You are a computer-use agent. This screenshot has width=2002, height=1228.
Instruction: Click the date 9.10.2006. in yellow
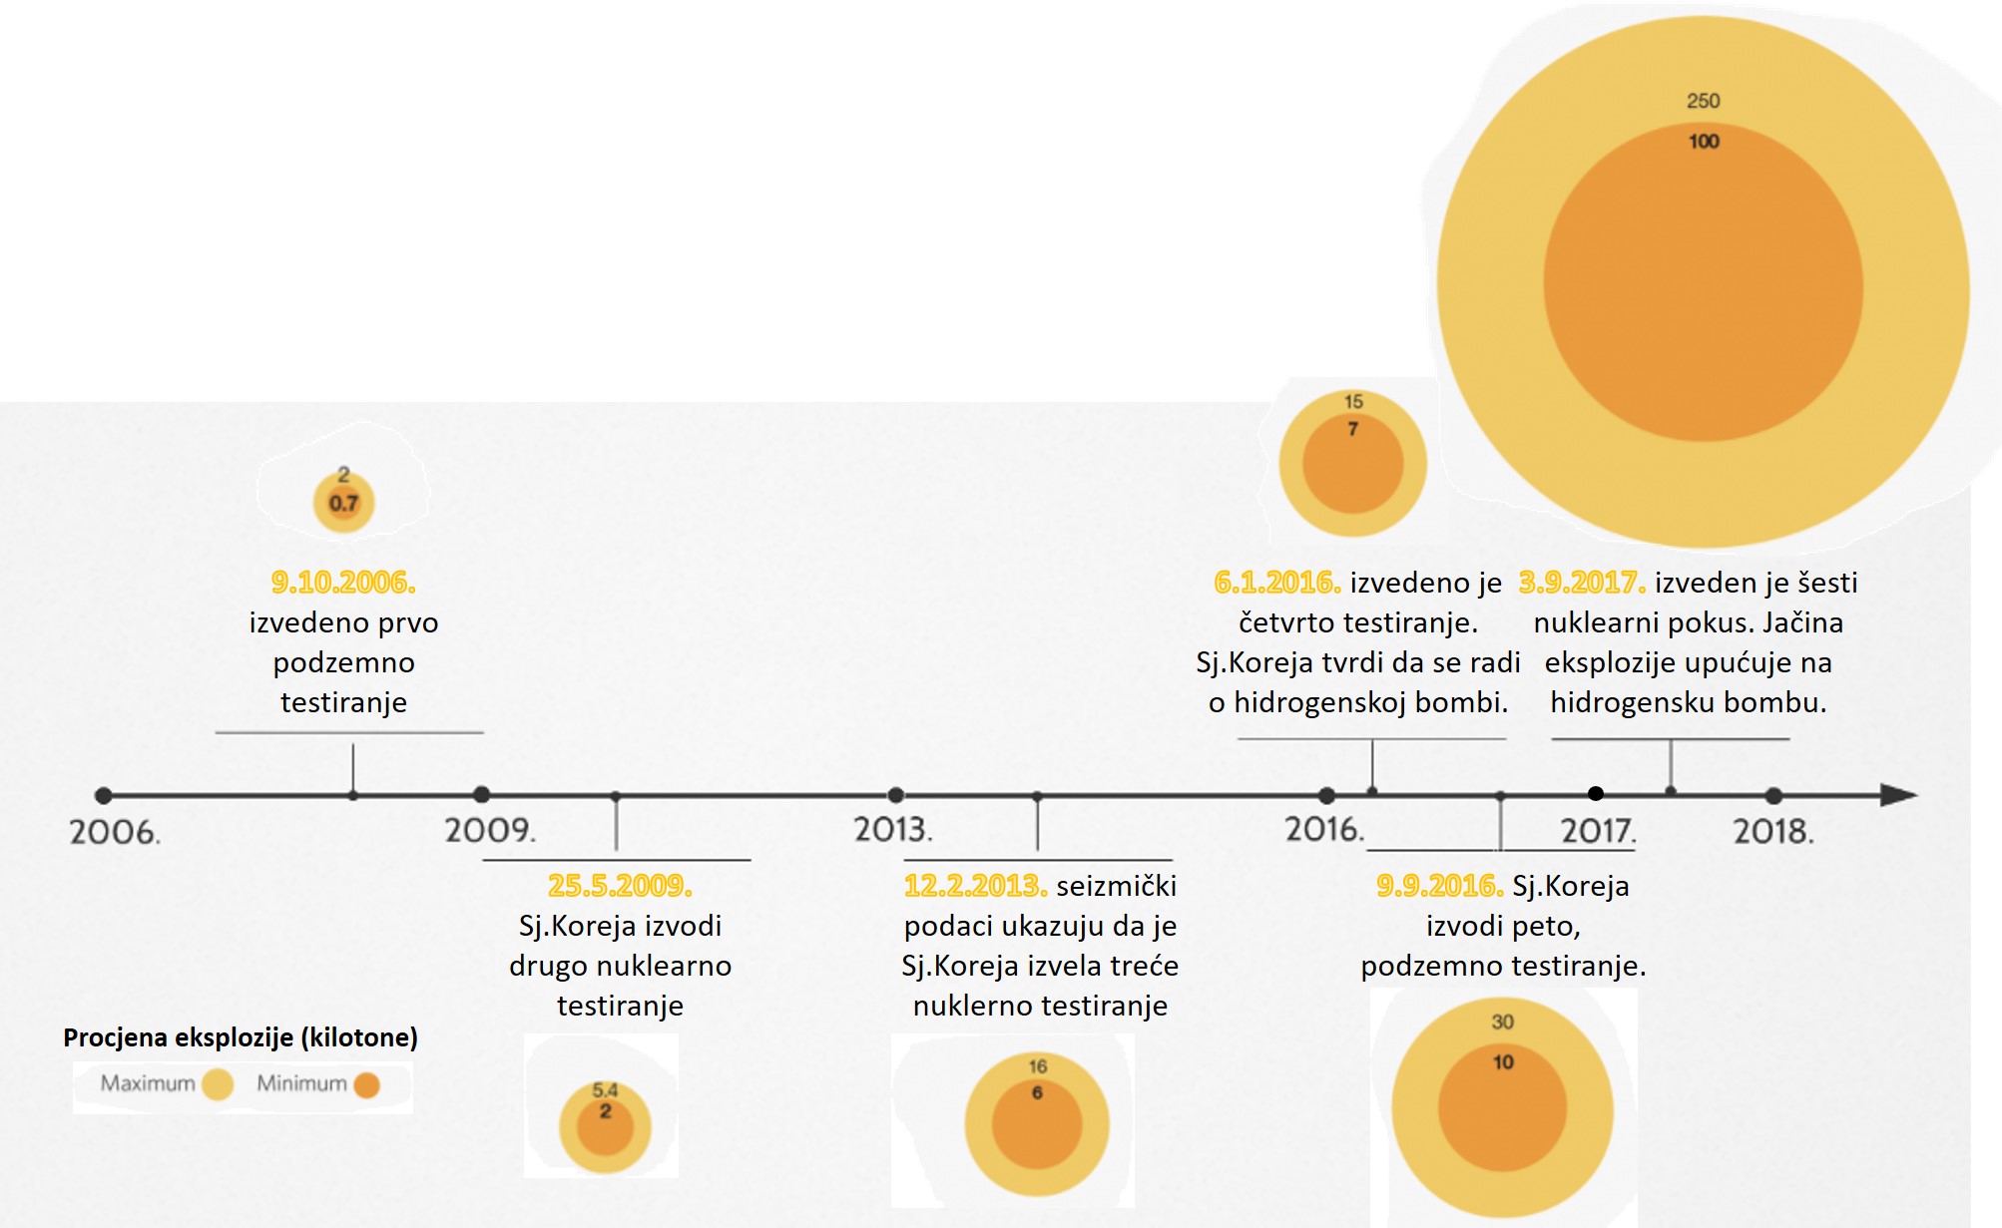click(x=343, y=583)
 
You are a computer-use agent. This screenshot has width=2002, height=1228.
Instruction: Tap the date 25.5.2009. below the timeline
click(x=620, y=886)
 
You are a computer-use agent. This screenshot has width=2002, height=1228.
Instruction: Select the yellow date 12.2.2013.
click(x=975, y=886)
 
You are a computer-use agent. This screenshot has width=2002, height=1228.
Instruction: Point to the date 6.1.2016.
click(x=1276, y=583)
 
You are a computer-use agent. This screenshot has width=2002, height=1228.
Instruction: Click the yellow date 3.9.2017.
click(x=1582, y=583)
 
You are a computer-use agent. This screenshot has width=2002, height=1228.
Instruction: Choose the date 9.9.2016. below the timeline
click(x=1439, y=886)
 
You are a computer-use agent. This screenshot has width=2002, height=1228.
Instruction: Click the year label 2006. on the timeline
click(x=115, y=833)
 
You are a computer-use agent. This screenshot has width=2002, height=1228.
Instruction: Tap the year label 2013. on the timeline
click(x=893, y=830)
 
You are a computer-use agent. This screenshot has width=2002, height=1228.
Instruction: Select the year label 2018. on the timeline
click(x=1773, y=832)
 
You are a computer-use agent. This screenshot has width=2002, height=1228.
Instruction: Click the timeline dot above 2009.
click(x=482, y=795)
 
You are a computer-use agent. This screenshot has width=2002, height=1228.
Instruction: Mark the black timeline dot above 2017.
click(x=1596, y=794)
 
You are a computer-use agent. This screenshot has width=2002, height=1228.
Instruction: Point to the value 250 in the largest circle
click(x=1703, y=101)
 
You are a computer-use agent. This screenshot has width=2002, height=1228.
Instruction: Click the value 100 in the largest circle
click(x=1704, y=142)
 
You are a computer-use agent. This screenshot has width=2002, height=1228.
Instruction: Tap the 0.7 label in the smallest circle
click(x=343, y=504)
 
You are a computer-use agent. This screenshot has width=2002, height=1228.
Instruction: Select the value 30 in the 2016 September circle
click(x=1502, y=1023)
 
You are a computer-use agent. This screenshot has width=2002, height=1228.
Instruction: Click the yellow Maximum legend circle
click(x=218, y=1084)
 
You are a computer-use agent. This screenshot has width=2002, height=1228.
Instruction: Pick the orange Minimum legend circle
click(x=367, y=1084)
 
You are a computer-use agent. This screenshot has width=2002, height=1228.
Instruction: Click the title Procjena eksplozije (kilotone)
click(x=241, y=1037)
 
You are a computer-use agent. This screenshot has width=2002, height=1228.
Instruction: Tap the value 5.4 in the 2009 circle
click(x=605, y=1090)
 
